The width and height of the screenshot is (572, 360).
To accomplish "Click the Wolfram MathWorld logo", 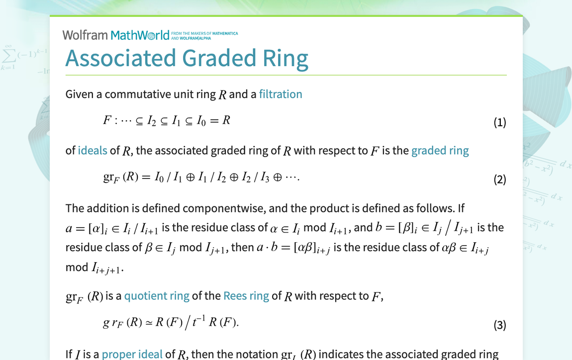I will coord(116,35).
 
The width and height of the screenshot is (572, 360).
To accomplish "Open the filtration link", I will coord(281,94).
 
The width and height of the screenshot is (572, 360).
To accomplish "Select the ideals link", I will coord(93,150).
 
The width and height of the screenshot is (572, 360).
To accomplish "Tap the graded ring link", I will coord(440,150).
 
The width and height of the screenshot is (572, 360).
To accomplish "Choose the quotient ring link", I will coord(157,296).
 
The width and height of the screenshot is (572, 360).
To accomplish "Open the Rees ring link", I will coord(246,296).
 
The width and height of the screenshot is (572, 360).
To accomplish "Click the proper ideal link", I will coord(132,354).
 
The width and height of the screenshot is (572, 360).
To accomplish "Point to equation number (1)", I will coord(499,122).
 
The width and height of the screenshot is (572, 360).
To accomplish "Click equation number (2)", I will coord(499,180).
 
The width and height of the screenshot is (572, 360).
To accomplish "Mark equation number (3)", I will coord(499,325).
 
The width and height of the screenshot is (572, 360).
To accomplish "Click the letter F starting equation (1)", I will coord(107,120).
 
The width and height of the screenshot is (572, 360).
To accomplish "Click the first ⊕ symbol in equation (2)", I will coord(190,178).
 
